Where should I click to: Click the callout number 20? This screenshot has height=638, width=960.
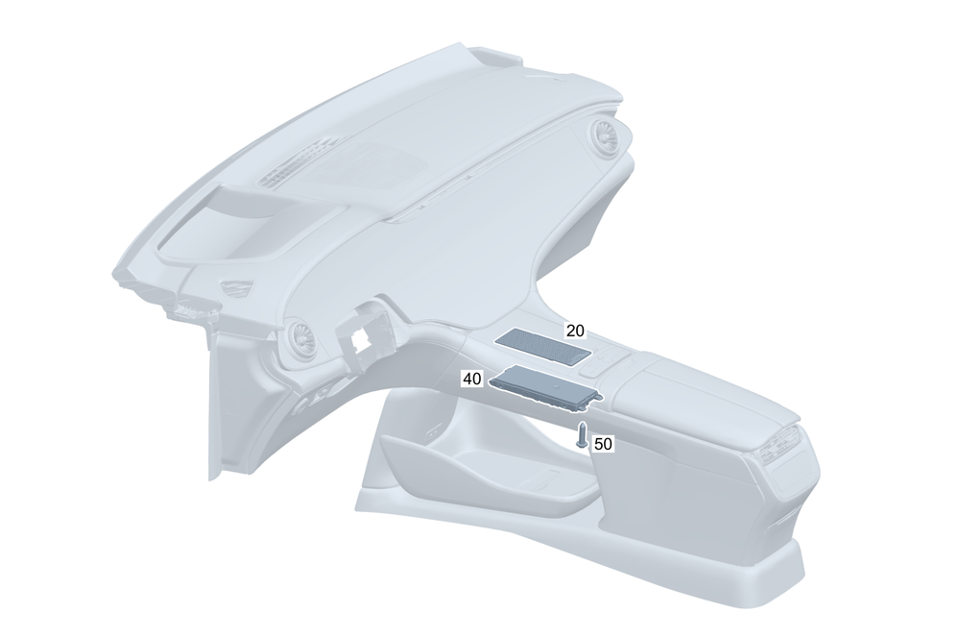pyautogui.click(x=575, y=331)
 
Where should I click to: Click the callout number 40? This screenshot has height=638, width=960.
pyautogui.click(x=471, y=379)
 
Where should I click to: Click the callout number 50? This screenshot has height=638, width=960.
pyautogui.click(x=603, y=444)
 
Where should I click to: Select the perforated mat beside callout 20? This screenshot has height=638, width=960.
pyautogui.click(x=543, y=347)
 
